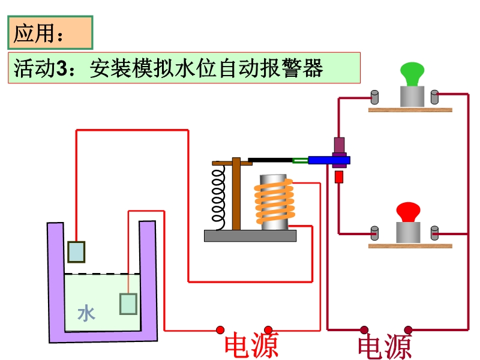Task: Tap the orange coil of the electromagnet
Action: pos(274,200)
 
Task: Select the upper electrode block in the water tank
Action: pos(76,251)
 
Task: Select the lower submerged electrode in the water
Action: pos(128,304)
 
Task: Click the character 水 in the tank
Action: pos(86,313)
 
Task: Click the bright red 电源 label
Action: pos(251,346)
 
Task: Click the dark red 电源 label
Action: pos(385,347)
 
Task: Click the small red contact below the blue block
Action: pos(339,177)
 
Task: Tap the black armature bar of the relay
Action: pos(270,160)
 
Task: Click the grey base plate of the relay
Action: pos(250,236)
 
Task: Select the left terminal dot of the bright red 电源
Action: pos(220,330)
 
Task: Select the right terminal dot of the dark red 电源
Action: pos(408,330)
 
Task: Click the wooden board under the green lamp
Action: pos(410,110)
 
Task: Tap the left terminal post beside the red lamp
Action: pos(374,233)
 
